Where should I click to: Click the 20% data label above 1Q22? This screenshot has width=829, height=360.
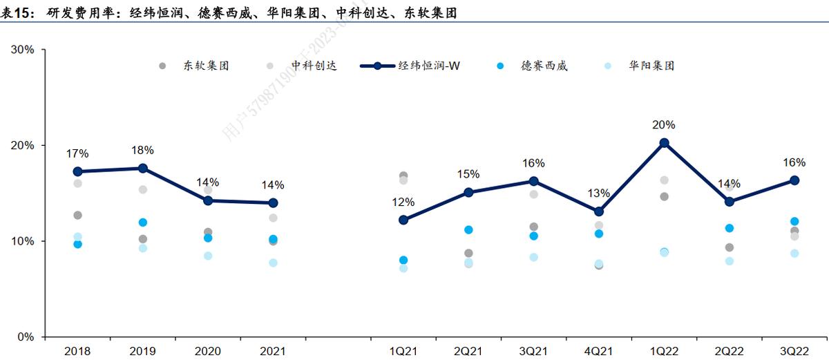(x=664, y=125)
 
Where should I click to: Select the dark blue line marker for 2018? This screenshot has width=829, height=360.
(x=77, y=171)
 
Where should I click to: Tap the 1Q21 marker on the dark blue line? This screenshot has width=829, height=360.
(x=403, y=220)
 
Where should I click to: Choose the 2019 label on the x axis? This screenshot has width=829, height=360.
(x=142, y=351)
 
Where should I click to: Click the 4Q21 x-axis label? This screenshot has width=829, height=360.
(x=599, y=351)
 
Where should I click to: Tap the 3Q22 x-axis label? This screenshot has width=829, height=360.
(x=794, y=351)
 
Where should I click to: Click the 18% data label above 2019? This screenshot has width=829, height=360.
(x=142, y=150)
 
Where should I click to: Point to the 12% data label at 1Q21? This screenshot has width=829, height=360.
(x=403, y=202)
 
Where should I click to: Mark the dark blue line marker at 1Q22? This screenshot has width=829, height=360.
(x=664, y=143)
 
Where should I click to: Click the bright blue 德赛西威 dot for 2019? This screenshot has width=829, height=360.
(x=143, y=222)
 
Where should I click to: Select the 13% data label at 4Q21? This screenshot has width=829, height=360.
(x=599, y=193)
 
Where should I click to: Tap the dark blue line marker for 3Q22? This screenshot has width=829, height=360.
(x=794, y=180)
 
